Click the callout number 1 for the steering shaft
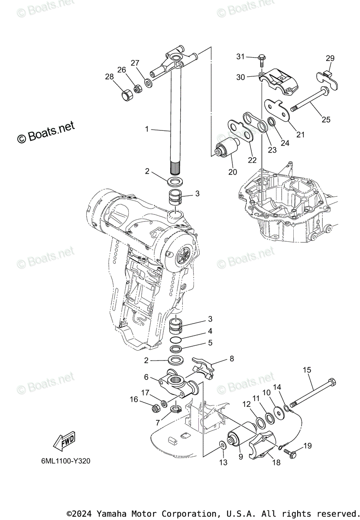[x=147, y=129]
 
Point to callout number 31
[x=241, y=57]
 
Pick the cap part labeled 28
[x=126, y=94]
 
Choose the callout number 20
[x=232, y=172]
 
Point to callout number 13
[x=223, y=462]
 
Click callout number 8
[x=231, y=358]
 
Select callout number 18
[x=276, y=462]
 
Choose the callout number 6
[x=146, y=377]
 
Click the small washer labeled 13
[x=222, y=445]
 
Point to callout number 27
[x=135, y=62]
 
